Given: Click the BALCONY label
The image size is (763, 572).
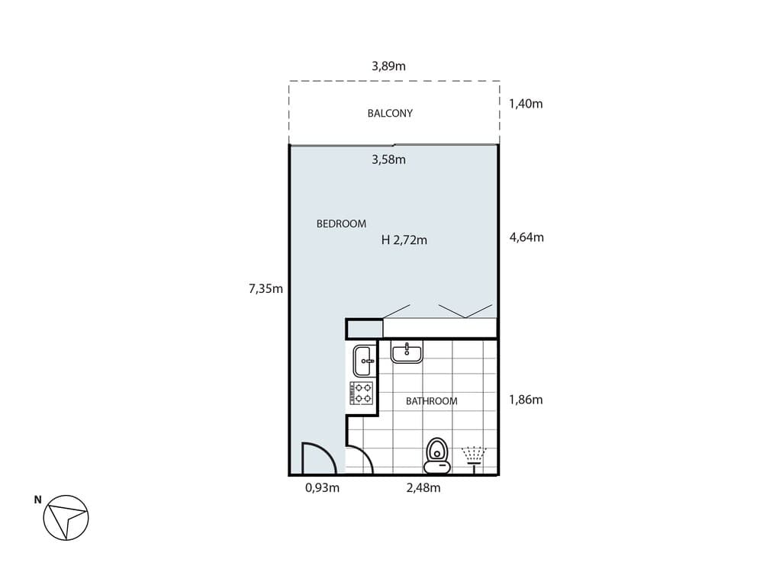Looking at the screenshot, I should coord(390,113).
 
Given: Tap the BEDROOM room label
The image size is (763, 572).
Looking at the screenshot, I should coord(341,223).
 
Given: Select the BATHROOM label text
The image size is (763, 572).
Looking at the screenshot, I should coord(431,401).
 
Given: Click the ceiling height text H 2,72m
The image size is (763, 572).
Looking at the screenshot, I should coord(404,240).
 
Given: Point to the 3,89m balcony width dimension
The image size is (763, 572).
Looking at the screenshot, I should coord(388,66).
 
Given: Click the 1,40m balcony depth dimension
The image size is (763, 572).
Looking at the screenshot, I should coord(526,104).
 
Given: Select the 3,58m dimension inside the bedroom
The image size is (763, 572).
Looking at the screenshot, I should coord(388,159).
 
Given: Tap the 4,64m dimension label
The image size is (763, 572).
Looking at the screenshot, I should coord(526,237).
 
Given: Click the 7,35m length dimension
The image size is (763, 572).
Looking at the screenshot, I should coord(266,288).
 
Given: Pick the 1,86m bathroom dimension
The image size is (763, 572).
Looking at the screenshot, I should coord(526,400).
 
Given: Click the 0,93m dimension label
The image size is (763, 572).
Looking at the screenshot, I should coord(322,488).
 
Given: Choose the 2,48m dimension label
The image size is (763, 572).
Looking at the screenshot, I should coord(423,488).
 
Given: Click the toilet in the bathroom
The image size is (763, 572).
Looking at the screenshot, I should coord(436,453).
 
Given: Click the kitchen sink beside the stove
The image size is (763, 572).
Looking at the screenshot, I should coord(362,359).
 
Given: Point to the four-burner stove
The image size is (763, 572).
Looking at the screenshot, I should coord(362,393).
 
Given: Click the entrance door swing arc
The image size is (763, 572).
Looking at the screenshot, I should coord(318,458).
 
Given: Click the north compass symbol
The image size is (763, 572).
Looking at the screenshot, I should coord(66,519).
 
